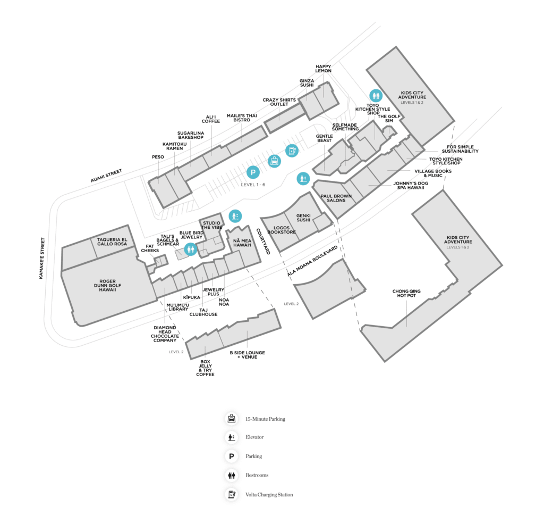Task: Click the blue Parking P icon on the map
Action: (x=253, y=172)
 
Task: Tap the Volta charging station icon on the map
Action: (x=292, y=151)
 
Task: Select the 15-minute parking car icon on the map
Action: (x=274, y=161)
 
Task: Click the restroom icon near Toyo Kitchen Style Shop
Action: (x=376, y=95)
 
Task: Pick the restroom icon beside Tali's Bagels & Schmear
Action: (x=190, y=248)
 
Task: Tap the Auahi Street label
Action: (x=106, y=176)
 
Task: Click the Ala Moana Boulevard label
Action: (x=313, y=261)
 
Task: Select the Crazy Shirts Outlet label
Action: (x=279, y=102)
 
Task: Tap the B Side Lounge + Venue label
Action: (x=247, y=354)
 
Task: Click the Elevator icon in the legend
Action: (x=231, y=437)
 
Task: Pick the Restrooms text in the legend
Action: (x=257, y=475)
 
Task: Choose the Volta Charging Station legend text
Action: (x=269, y=495)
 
